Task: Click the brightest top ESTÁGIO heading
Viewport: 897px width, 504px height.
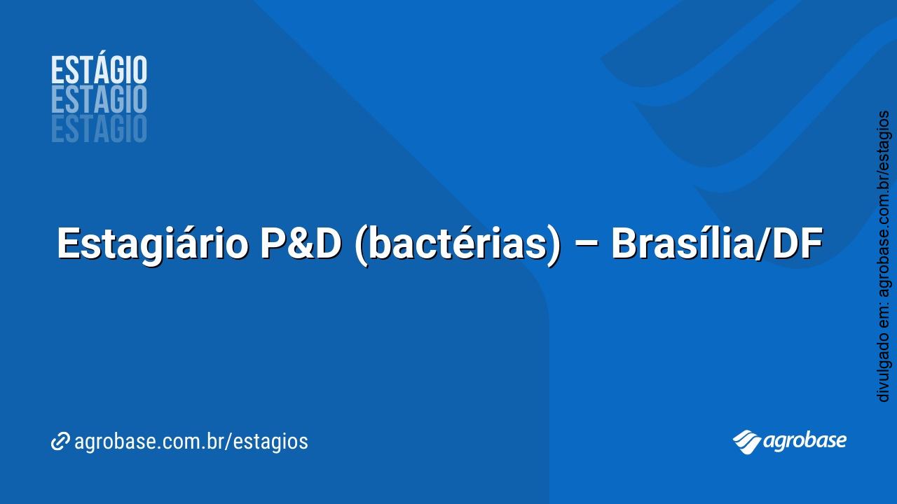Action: coord(99,71)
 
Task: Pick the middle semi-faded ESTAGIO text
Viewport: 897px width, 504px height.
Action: coord(99,100)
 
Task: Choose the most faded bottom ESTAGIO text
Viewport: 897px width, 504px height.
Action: coord(99,129)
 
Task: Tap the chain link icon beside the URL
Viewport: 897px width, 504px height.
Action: coord(60,442)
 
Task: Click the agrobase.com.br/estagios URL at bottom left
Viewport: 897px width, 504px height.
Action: coord(191,442)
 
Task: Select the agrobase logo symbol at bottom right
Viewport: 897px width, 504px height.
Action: coord(747,441)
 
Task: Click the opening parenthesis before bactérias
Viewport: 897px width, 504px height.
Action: coord(361,245)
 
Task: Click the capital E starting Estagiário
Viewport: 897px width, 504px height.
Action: coord(67,244)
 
